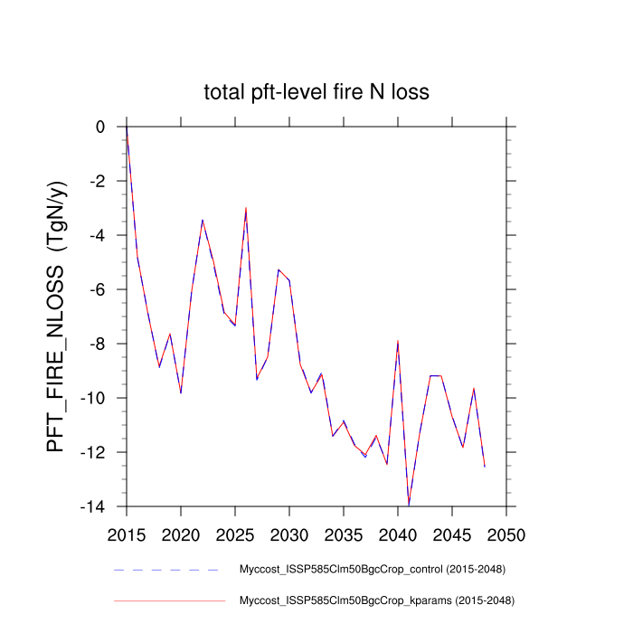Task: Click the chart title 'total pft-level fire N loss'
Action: (x=316, y=91)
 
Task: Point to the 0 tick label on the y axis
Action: (x=101, y=128)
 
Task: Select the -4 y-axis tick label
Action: (x=98, y=236)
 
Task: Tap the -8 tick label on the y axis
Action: (x=98, y=345)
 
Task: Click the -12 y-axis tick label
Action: (x=94, y=453)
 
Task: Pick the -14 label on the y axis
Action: (x=94, y=507)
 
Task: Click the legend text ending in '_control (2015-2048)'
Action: (x=372, y=570)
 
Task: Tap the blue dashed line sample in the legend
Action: (x=168, y=570)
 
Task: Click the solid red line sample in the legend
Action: (x=168, y=600)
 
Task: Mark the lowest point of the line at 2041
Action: (x=409, y=505)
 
